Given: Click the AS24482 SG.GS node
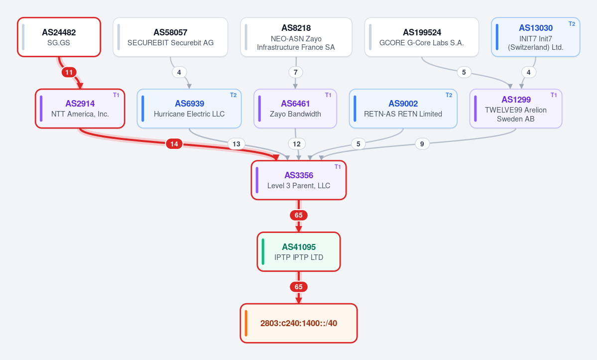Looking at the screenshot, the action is coord(59,37).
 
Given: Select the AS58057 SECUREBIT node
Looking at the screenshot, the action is coord(170,37).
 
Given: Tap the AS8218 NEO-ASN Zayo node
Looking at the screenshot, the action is coord(296,37).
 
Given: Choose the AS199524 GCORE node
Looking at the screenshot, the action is coord(421,37).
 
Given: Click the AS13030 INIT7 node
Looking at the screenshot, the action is coord(535,37).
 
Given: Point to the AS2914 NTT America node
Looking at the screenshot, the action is coord(80,109).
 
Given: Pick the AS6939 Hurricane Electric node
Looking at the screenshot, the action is coord(189,109).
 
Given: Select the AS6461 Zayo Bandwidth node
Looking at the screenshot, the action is coord(295,109).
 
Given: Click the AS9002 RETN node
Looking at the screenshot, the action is coord(403,109).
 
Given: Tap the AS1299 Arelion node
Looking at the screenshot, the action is coord(515,109).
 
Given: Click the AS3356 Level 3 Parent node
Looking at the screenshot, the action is coord(299,180).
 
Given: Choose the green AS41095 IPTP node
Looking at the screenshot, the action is coord(299,251).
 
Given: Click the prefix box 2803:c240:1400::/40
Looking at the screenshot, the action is coord(299,323).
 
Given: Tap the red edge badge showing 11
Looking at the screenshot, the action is coord(69,72).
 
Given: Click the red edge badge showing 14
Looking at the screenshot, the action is coord(174,144).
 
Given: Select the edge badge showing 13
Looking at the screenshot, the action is coord(237,144).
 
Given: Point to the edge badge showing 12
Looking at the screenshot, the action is coord(297,144).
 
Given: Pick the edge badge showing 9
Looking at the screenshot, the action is coord(422,144).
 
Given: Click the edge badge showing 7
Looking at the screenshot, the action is coord(295,72).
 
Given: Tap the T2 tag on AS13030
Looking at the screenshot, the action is coord(572,23).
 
